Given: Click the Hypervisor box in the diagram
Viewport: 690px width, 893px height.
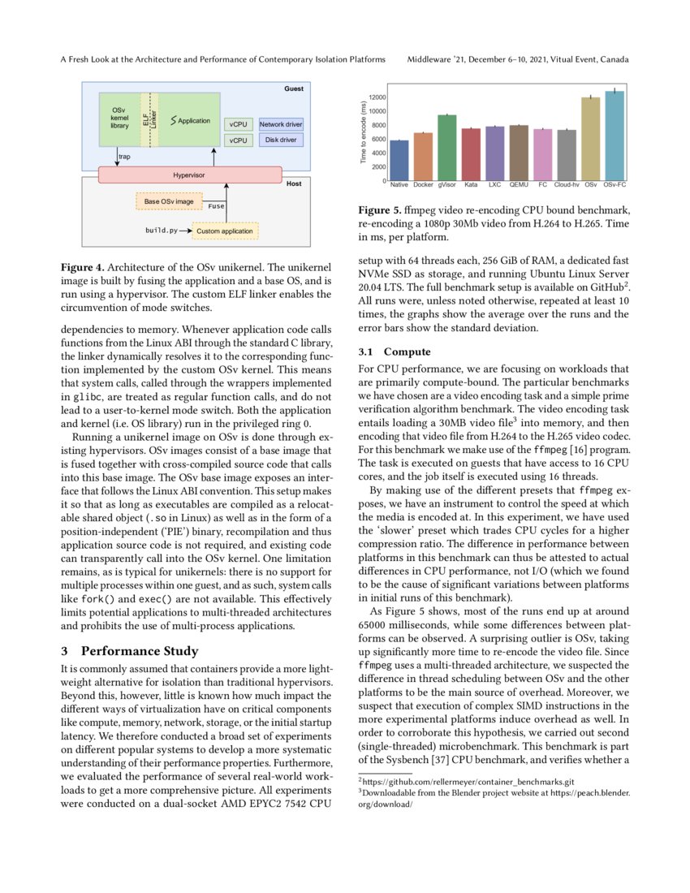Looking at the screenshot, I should tap(190, 175).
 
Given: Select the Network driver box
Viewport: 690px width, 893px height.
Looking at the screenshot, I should tap(281, 124).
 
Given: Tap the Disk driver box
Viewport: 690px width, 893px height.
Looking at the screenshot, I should tap(281, 140).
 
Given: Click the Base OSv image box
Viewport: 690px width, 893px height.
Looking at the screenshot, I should tap(169, 201).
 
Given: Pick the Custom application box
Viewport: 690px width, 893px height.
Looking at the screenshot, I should tap(224, 231).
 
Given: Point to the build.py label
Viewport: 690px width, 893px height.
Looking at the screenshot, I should tap(161, 231).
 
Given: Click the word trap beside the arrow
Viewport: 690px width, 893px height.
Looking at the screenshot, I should tap(124, 157).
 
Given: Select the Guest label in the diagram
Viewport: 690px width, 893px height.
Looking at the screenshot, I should tap(293, 88).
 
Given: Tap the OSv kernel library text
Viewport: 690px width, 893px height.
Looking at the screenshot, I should tap(119, 118).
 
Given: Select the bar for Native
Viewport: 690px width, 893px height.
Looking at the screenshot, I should tap(399, 160).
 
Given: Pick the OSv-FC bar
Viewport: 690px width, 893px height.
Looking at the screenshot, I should tap(615, 136).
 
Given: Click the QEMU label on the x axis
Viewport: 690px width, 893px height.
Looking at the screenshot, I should tap(519, 185).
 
